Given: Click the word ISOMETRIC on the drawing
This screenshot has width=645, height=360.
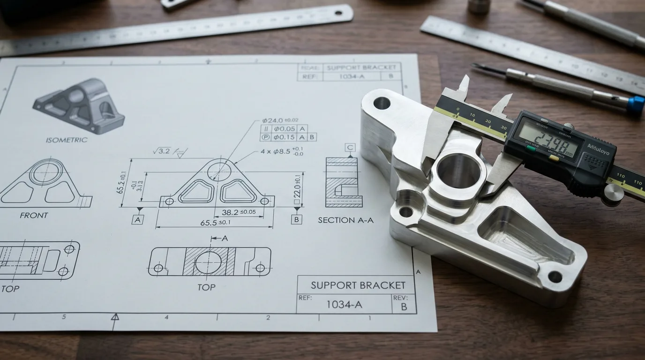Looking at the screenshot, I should tap(67, 140).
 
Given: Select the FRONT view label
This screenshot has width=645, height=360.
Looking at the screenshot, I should tap(34, 215).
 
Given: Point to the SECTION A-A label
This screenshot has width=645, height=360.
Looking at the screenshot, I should tap(345, 220).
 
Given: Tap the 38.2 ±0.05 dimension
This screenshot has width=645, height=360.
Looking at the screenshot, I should tap(239, 212).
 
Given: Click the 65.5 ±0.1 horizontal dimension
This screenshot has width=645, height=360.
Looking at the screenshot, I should tap(215, 223).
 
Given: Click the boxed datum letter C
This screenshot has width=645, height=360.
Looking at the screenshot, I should tap(350, 148).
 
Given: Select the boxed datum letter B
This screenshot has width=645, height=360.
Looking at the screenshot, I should tap(296, 219).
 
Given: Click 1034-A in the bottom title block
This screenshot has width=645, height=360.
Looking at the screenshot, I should tap(344, 304).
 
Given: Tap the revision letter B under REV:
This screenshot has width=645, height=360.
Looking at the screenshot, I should tap(404, 307).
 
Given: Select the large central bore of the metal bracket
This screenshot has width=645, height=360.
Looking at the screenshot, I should tap(459, 172).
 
